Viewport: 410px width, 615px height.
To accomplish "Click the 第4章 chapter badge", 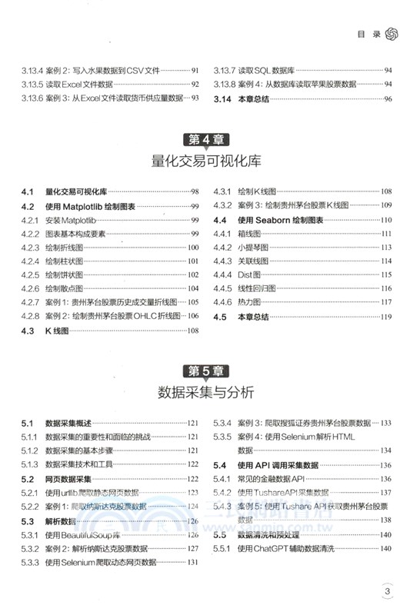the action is coord(205,140).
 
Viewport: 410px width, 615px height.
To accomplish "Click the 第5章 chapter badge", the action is coord(205,371).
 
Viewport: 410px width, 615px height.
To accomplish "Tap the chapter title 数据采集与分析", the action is coord(205,392).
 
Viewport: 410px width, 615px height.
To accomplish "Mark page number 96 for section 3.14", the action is coord(388,98).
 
